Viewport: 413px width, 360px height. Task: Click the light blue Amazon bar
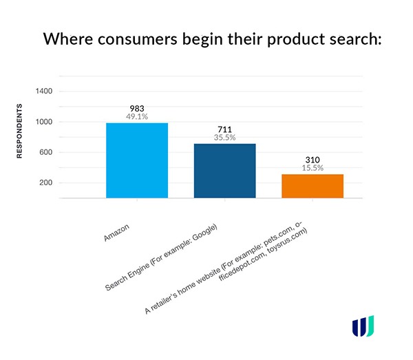pyautogui.click(x=137, y=160)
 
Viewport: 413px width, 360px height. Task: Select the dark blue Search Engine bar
pyautogui.click(x=224, y=171)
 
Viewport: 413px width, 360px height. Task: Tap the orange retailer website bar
pyautogui.click(x=313, y=186)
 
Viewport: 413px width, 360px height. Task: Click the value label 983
pyautogui.click(x=137, y=109)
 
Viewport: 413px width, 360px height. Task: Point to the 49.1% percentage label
pyautogui.click(x=137, y=116)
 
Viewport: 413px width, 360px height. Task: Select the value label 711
pyautogui.click(x=224, y=129)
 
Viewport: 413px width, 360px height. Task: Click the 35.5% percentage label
pyautogui.click(x=224, y=137)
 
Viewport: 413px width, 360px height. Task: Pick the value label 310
pyautogui.click(x=313, y=160)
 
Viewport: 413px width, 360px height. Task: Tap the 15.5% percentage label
pyautogui.click(x=313, y=168)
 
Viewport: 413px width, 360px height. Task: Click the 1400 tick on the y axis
pyautogui.click(x=44, y=91)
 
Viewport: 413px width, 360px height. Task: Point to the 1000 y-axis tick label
pyautogui.click(x=44, y=122)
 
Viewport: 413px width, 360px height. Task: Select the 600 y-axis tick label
pyautogui.click(x=46, y=152)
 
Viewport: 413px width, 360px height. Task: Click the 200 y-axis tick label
pyautogui.click(x=46, y=182)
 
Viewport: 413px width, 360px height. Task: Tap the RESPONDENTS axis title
pyautogui.click(x=19, y=131)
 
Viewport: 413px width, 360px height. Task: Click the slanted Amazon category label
pyautogui.click(x=116, y=233)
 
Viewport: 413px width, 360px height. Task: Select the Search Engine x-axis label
pyautogui.click(x=161, y=257)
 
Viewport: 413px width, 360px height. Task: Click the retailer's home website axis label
pyautogui.click(x=226, y=268)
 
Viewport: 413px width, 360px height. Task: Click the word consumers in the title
pyautogui.click(x=137, y=39)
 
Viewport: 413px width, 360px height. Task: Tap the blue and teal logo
pyautogui.click(x=363, y=326)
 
